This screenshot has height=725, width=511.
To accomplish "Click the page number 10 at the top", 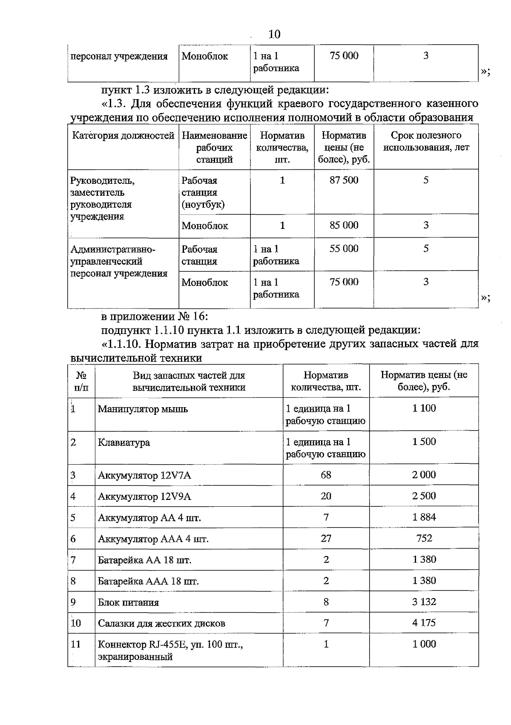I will (275, 34).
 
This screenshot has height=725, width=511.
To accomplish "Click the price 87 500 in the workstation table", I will (344, 180).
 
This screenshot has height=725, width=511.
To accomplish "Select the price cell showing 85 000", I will (344, 225).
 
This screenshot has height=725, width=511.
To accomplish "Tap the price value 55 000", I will (344, 249).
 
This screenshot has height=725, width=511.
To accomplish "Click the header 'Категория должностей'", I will (123, 136).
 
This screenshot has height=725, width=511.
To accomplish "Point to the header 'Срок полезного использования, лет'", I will (426, 142).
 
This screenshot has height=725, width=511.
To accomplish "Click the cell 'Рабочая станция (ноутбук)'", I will (203, 192).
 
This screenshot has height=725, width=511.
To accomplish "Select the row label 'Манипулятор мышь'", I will (143, 409).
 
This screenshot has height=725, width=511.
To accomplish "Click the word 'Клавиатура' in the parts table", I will (124, 442).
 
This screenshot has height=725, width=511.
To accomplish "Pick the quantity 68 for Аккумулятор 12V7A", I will (326, 475).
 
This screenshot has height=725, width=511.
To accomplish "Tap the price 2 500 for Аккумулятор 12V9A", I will (424, 496).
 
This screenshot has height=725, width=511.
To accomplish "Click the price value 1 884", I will (424, 517).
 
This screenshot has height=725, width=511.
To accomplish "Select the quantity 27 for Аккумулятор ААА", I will (326, 539).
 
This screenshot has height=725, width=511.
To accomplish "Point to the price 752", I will (424, 539).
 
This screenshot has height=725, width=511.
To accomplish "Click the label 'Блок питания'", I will (128, 602).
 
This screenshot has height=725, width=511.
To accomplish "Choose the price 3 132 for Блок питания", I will (424, 602).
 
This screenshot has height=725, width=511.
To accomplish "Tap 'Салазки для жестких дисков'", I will (161, 624).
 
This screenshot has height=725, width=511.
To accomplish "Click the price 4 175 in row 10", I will (424, 623).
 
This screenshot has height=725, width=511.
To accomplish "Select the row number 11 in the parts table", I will (75, 644).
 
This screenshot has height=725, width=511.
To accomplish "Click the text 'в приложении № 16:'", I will (154, 317).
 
